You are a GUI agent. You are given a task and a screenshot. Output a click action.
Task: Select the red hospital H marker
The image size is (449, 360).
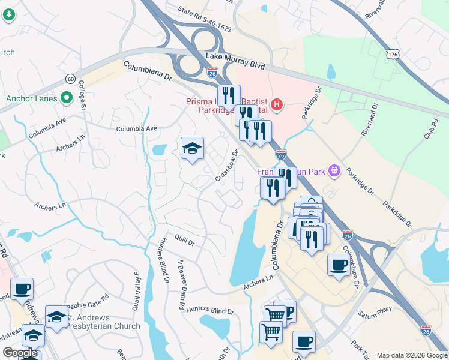tap(276, 105)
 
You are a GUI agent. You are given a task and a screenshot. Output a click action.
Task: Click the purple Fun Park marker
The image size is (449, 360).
tap(335, 172)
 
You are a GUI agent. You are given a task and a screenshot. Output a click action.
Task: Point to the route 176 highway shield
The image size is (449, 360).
tap(393, 55)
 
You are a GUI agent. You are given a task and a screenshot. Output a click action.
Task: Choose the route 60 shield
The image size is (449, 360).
tap(71, 79)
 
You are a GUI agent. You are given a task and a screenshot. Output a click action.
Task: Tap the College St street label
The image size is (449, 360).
tap(83, 97)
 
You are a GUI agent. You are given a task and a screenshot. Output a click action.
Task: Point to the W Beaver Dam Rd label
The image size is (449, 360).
tap(180, 284)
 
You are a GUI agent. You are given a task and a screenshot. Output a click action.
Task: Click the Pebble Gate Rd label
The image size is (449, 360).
tap(88, 303)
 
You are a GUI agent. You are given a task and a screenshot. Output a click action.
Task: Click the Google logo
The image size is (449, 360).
tap(20, 353)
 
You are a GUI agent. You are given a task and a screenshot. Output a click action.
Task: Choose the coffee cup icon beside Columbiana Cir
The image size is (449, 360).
tap(339, 265)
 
